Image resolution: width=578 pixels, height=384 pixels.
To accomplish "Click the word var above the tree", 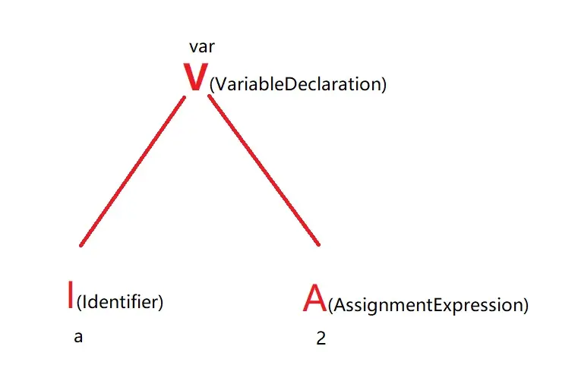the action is pyautogui.click(x=202, y=47).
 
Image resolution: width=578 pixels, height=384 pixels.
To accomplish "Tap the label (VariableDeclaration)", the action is pyautogui.click(x=298, y=84).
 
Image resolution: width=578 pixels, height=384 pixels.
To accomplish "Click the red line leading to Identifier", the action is pyautogui.click(x=133, y=171).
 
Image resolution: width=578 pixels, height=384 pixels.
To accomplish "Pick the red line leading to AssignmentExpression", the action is pyautogui.click(x=264, y=171).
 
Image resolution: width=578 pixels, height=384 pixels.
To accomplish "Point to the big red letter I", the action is pyautogui.click(x=71, y=295).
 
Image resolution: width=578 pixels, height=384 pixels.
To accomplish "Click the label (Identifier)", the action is pyautogui.click(x=120, y=302).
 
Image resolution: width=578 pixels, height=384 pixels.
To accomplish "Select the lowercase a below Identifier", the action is pyautogui.click(x=78, y=337).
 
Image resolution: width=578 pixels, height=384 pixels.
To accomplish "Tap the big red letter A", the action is pyautogui.click(x=314, y=299).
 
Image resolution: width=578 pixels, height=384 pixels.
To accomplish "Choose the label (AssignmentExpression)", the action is pyautogui.click(x=428, y=306).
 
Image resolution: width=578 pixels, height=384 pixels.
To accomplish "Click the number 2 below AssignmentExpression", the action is pyautogui.click(x=321, y=339).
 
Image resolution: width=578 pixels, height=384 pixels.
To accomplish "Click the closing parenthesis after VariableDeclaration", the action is pyautogui.click(x=384, y=85).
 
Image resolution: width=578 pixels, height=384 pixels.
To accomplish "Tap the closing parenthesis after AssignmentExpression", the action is pyautogui.click(x=526, y=307).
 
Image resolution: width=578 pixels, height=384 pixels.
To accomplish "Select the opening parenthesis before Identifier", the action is pyautogui.click(x=79, y=303).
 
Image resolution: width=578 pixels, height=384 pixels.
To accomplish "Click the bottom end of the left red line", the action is pyautogui.click(x=81, y=244).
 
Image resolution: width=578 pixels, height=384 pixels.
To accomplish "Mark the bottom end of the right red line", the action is pyautogui.click(x=317, y=244).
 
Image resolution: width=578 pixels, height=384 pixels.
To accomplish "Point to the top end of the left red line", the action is pyautogui.click(x=185, y=97).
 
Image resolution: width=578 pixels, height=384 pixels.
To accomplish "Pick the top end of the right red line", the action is pyautogui.click(x=210, y=97).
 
